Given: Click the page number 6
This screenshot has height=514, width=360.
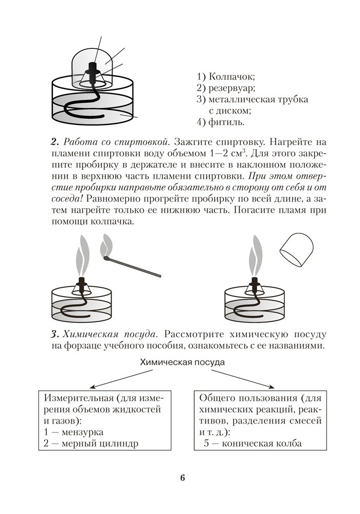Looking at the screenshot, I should tap(183, 477).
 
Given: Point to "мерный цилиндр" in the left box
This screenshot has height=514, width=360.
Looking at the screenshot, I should tap(98, 443).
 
